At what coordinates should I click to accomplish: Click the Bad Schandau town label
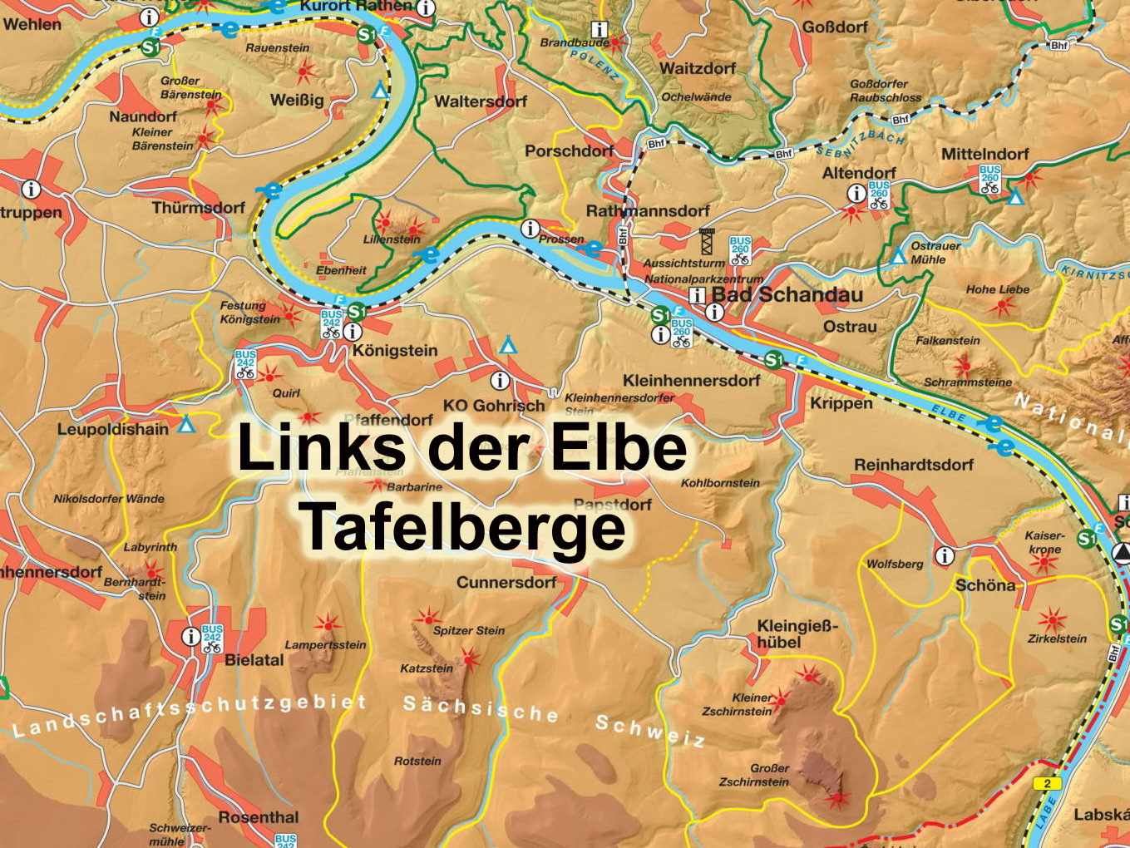pos(787,295)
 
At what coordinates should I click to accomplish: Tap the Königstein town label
pos(394,351)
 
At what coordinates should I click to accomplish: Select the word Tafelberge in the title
pos(462,526)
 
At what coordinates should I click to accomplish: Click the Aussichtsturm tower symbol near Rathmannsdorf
pos(708,241)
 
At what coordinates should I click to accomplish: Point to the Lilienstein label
pos(392,239)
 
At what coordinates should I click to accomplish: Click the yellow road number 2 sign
pos(1047,783)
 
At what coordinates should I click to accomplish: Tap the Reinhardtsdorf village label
pos(913,465)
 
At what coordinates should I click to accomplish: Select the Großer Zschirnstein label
pos(757,775)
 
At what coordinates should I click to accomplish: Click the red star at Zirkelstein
pos(1052,620)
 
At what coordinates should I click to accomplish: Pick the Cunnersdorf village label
pos(506,583)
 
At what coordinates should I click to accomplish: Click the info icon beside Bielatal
pos(190,636)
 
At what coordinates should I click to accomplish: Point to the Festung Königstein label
pos(249,313)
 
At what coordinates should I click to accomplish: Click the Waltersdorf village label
pos(481,101)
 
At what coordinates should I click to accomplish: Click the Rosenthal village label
pos(258,817)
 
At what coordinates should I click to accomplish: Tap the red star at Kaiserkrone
pos(1043,563)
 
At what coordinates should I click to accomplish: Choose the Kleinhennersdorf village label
pos(691,381)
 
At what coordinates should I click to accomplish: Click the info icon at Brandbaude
pos(598,29)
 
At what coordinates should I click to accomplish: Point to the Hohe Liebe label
pos(997,289)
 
